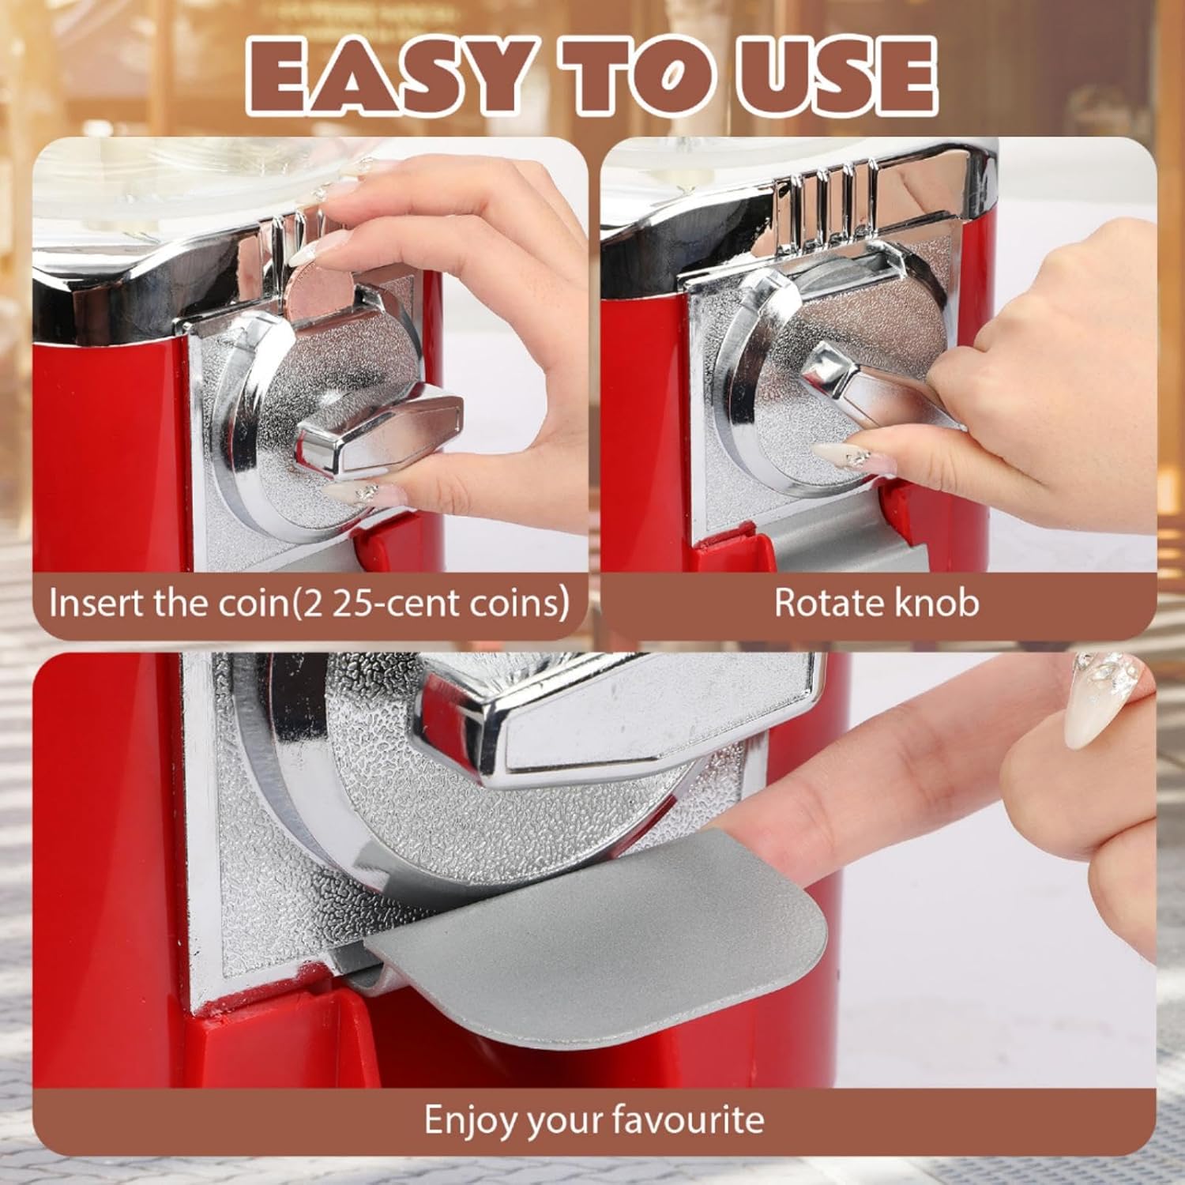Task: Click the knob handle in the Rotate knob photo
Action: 877,387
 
